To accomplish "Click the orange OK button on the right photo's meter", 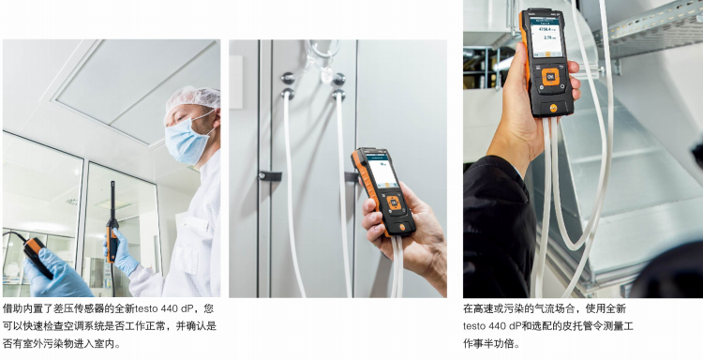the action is [x=550, y=77].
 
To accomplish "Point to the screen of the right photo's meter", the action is [x=546, y=38].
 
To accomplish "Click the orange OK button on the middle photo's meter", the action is [x=394, y=203].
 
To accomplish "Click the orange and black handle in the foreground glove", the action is [x=37, y=255].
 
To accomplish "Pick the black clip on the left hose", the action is [x=270, y=175].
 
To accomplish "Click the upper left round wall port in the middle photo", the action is [x=288, y=78].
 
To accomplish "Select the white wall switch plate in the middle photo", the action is [x=236, y=82].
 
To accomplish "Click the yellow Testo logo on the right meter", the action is [x=555, y=108].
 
